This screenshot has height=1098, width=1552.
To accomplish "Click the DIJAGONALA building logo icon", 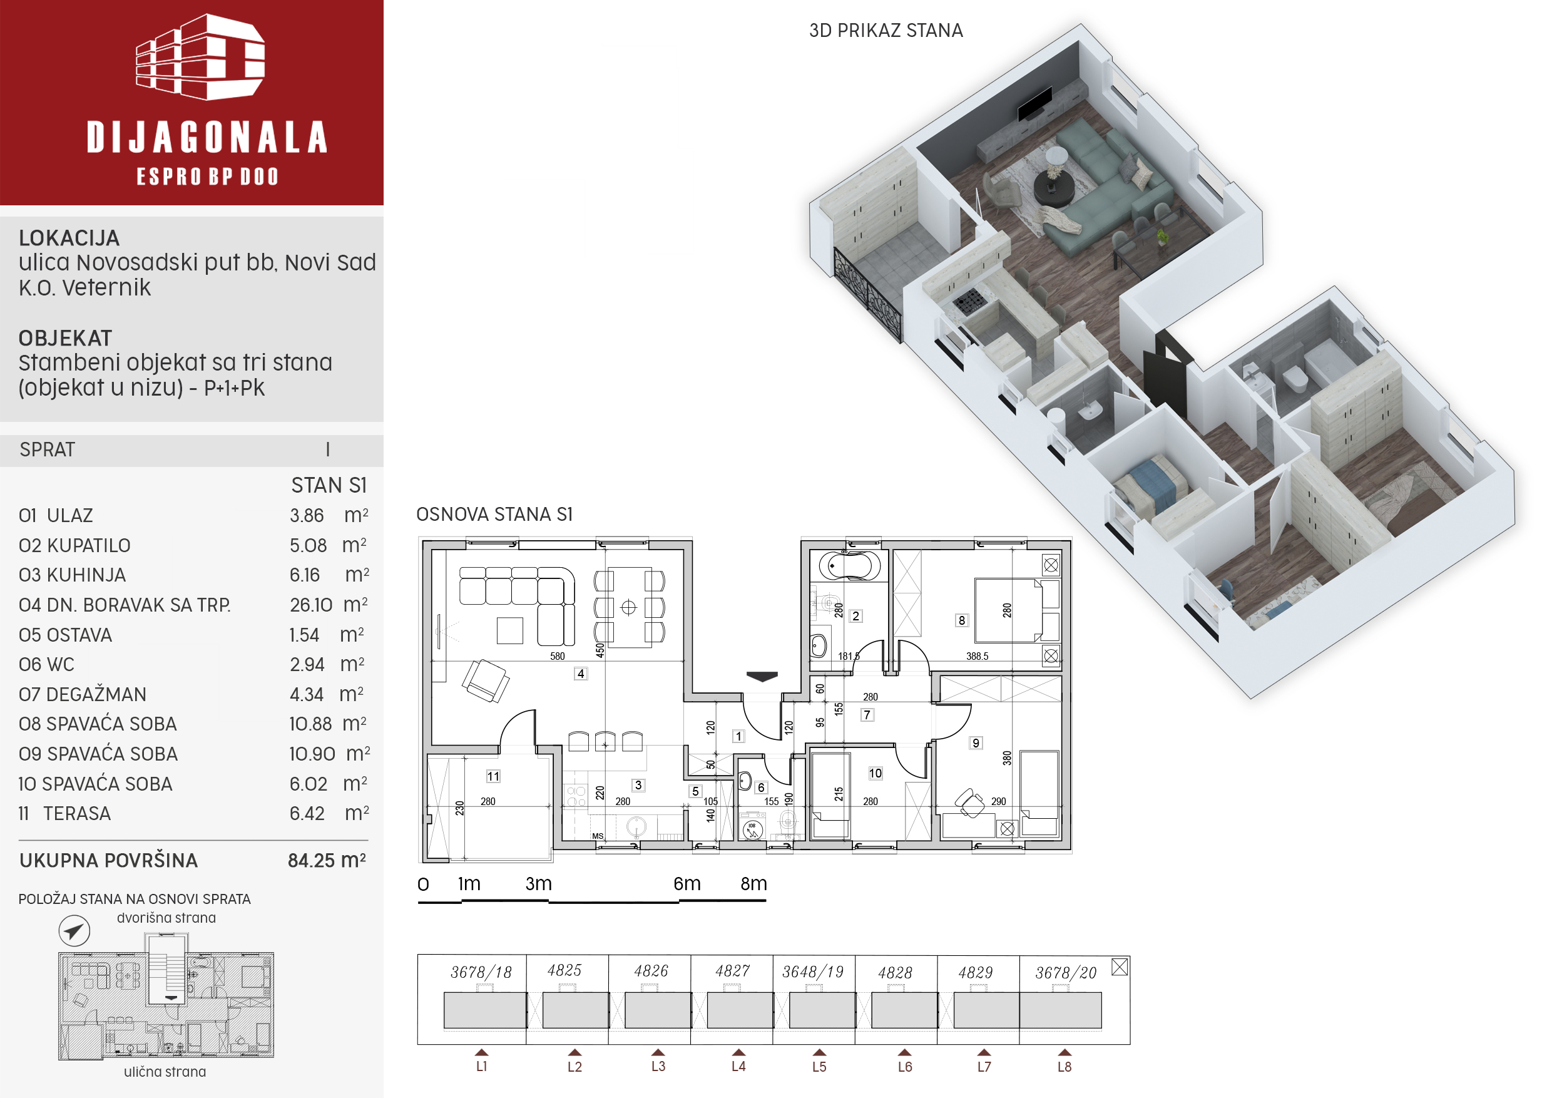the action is (x=200, y=58).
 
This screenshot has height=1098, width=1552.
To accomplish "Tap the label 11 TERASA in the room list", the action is (x=65, y=813).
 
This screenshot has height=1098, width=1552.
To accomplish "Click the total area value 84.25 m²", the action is (x=327, y=861).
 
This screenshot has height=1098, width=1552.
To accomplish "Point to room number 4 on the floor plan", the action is (x=581, y=674).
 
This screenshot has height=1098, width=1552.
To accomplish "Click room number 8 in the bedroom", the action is (x=961, y=620).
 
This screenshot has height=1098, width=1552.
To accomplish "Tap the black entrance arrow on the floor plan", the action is (x=762, y=676).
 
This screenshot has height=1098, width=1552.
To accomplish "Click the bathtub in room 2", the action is (x=849, y=566).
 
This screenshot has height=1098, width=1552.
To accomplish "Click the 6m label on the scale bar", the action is (x=687, y=884).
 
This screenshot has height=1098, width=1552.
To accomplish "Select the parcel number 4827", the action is (x=732, y=971).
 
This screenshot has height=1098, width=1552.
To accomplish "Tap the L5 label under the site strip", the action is (x=819, y=1067).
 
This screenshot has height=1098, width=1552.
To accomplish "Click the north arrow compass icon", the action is (x=74, y=931).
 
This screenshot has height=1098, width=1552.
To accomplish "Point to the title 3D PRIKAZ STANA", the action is (x=886, y=31).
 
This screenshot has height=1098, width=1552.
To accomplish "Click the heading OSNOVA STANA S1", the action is (x=494, y=515).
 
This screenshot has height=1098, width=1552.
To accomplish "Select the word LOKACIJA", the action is (x=69, y=238).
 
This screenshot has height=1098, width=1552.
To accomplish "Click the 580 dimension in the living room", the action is (x=557, y=656).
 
